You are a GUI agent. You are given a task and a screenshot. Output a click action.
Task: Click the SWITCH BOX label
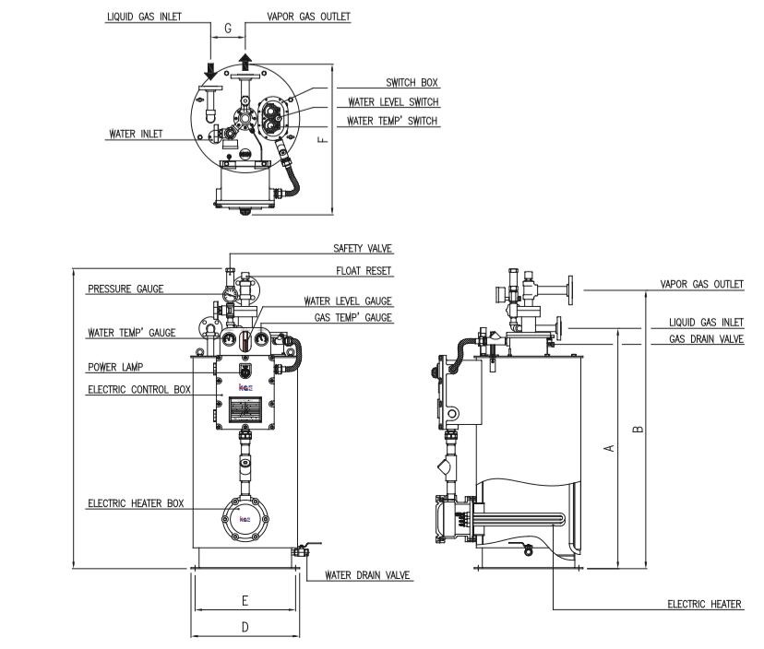click(412, 83)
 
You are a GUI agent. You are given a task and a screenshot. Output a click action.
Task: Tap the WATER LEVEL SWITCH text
click(393, 102)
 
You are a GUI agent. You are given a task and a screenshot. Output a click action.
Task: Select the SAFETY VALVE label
click(363, 248)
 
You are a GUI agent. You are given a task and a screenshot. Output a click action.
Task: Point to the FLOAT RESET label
click(364, 271)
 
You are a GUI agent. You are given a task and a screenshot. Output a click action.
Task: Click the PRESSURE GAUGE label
click(125, 289)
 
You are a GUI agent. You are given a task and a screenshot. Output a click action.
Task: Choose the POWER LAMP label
click(115, 367)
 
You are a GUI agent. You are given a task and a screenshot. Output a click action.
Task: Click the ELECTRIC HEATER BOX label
click(136, 503)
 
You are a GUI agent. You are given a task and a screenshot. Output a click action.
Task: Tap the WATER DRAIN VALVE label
click(367, 575)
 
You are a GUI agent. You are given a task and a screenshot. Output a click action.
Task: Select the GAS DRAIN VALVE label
click(706, 339)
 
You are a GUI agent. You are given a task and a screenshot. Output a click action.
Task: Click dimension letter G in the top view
click(228, 29)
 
